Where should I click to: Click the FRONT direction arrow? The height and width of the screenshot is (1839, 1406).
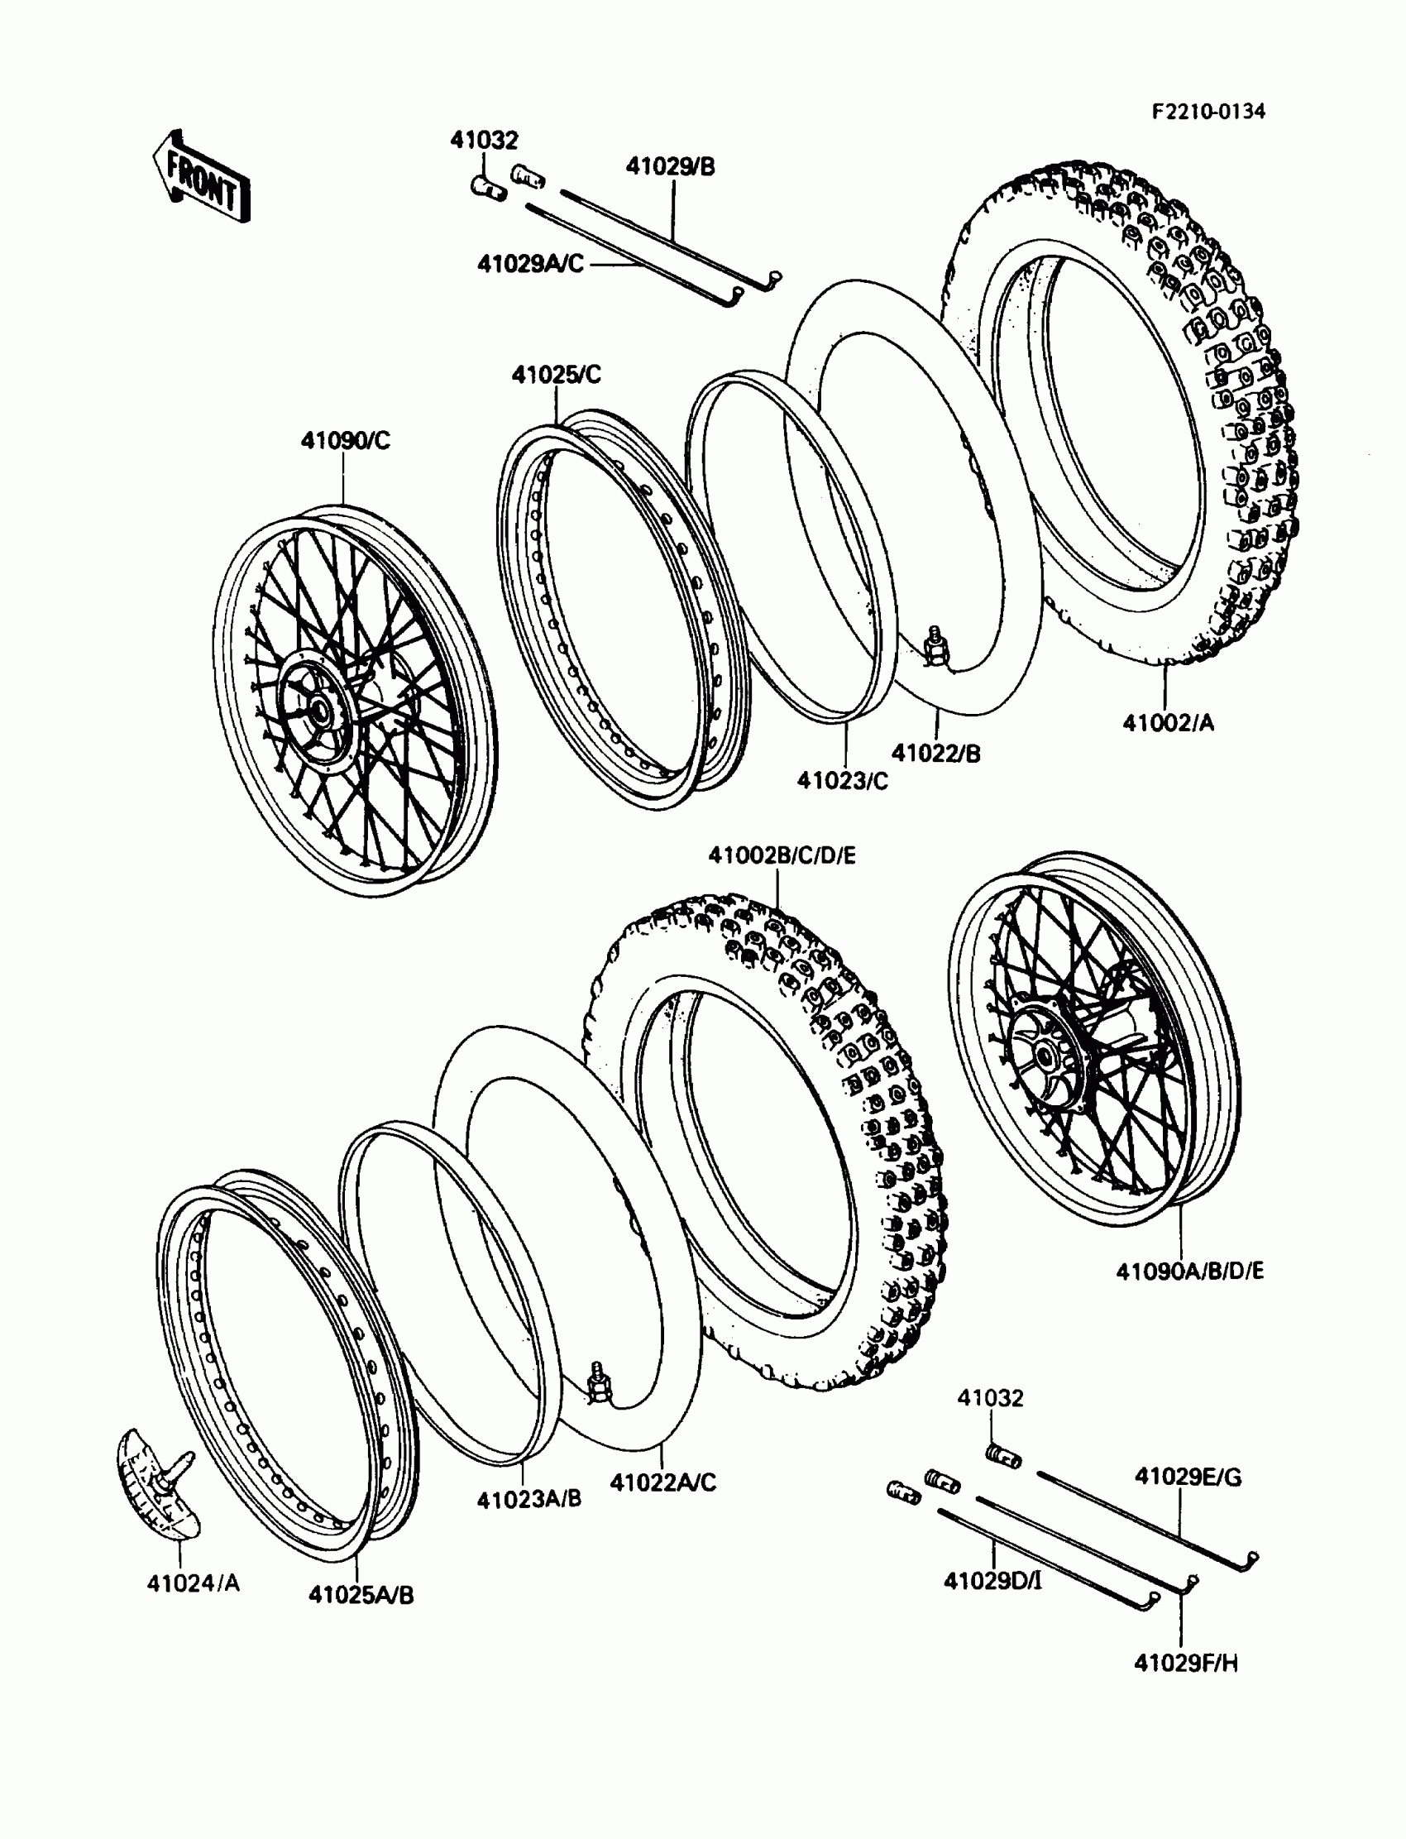(201, 178)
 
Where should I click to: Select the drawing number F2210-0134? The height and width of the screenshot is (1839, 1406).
(1208, 112)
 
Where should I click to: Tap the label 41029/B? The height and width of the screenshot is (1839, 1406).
(671, 166)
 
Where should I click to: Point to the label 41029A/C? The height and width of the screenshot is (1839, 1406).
(531, 264)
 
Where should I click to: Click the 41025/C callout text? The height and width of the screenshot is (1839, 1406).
(557, 374)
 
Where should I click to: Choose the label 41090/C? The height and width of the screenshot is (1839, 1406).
(346, 440)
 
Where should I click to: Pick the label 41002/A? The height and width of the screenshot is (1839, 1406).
(1168, 722)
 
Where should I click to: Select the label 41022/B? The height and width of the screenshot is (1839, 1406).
(935, 753)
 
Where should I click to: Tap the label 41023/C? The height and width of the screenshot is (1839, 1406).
(843, 780)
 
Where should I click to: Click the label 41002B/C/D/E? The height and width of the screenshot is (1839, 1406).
(782, 855)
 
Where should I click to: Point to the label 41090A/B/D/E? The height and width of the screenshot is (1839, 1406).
(1190, 1271)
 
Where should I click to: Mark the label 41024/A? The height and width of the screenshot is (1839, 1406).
(194, 1583)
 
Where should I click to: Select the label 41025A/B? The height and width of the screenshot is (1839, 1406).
(361, 1595)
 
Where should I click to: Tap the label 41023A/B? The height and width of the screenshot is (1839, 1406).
(529, 1498)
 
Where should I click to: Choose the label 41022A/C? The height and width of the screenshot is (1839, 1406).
(662, 1482)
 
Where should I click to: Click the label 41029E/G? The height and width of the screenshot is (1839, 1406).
(1188, 1477)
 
